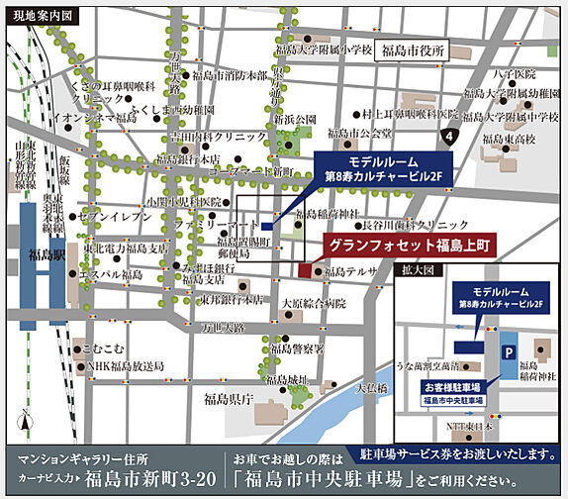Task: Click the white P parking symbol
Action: click(x=509, y=351)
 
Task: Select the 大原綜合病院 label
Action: click(x=313, y=303)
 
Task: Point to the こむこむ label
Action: click(x=102, y=348)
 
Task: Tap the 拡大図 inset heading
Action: click(x=416, y=268)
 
